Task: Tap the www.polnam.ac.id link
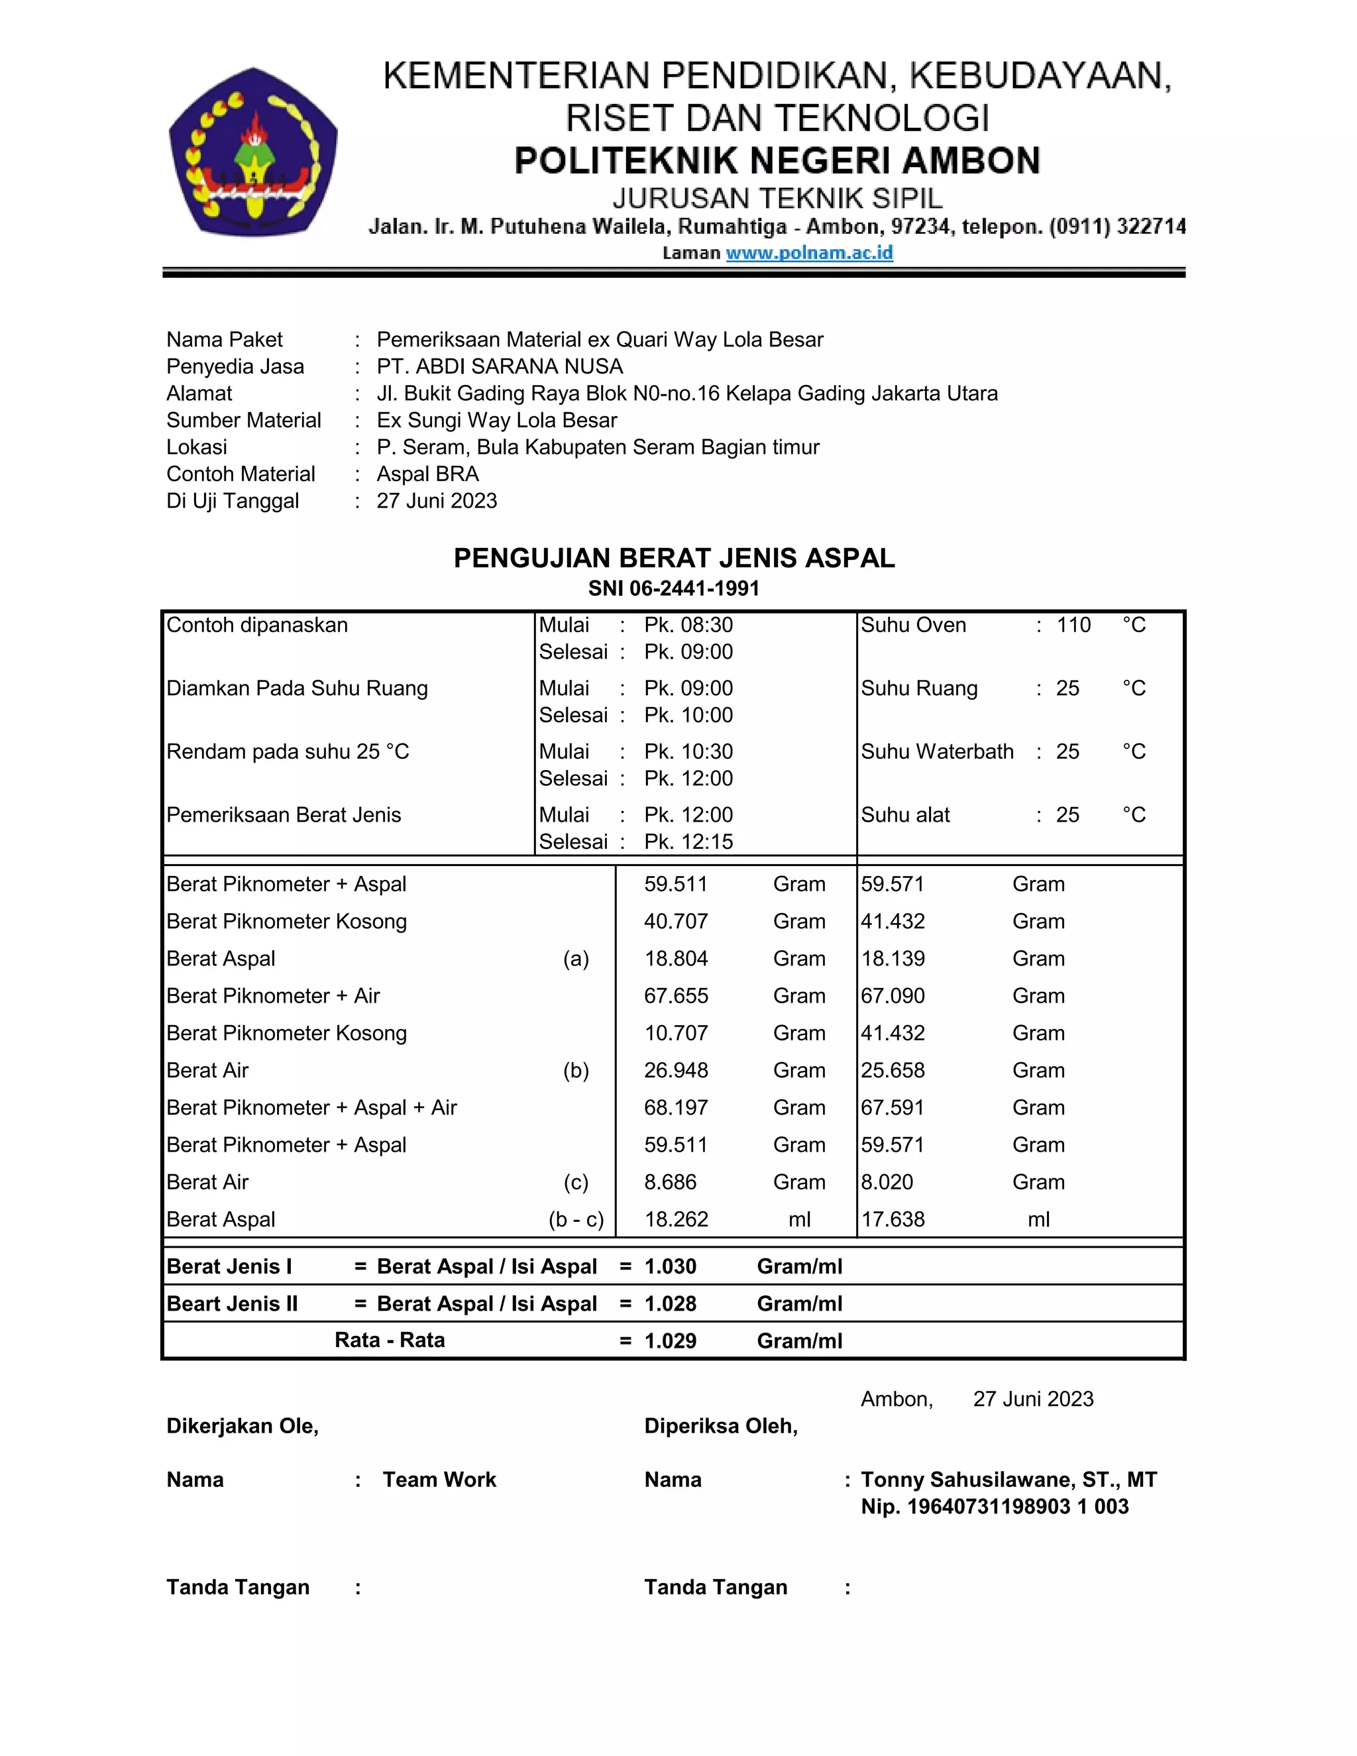[x=809, y=252]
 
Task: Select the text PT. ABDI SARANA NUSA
[x=499, y=366]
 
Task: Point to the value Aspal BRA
[x=427, y=474]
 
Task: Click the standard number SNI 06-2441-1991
[x=674, y=588]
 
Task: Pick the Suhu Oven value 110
[x=1073, y=625]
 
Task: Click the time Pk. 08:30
[x=688, y=625]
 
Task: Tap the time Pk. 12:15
[x=688, y=841]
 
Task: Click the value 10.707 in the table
[x=675, y=1032]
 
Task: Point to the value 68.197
[x=675, y=1107]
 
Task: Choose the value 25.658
[x=893, y=1070]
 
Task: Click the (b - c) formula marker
[x=576, y=1220]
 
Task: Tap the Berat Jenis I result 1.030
[x=670, y=1266]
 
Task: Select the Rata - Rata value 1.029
[x=670, y=1341]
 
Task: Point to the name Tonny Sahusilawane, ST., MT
[x=1008, y=1480]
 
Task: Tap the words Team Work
[x=439, y=1480]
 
